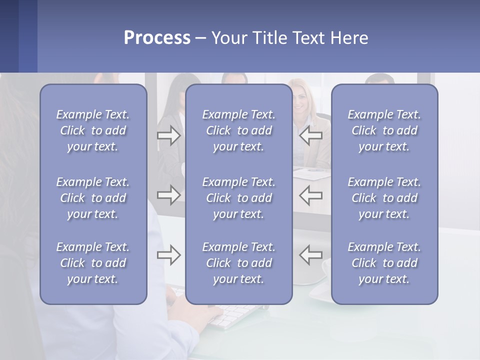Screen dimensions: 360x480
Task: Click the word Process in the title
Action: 157,38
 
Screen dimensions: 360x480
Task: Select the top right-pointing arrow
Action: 169,135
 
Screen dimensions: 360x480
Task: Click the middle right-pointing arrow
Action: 169,195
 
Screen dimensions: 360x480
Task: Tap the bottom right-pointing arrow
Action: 169,255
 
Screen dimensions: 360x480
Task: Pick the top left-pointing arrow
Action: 310,135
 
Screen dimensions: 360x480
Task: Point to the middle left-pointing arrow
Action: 310,195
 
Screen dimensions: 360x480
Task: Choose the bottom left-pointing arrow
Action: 310,255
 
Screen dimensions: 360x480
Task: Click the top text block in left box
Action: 93,130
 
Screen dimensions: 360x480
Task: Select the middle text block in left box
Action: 93,198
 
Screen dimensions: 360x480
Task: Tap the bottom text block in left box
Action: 93,263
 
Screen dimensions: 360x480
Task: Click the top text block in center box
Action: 238,130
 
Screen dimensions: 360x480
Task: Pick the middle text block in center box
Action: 238,198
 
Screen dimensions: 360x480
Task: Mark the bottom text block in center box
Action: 238,263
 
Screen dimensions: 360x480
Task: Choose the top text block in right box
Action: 384,130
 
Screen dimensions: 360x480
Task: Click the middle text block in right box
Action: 384,198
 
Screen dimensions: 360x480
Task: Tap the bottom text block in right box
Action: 384,263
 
